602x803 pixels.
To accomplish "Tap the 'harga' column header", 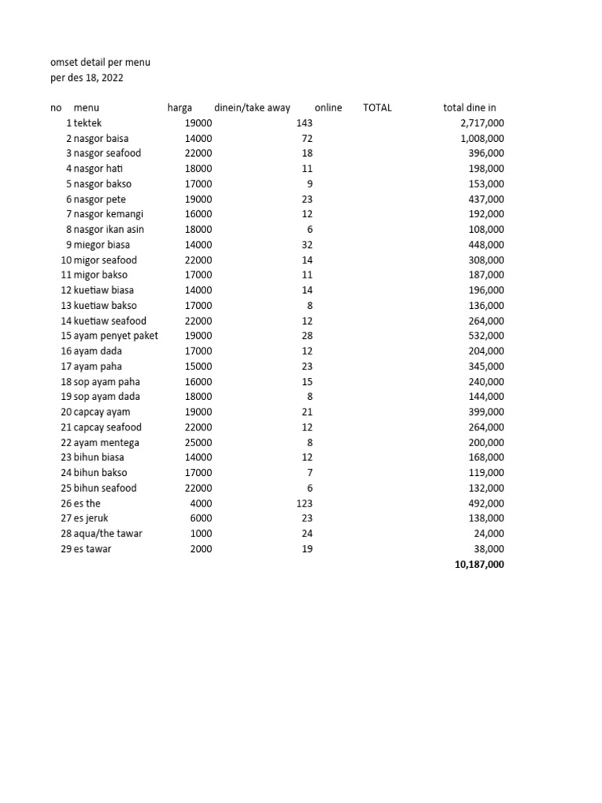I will pyautogui.click(x=180, y=107).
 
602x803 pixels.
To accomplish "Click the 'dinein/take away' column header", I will pyautogui.click(x=252, y=107).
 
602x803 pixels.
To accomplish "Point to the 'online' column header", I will pyautogui.click(x=328, y=107).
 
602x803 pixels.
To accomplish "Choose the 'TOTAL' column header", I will pyautogui.click(x=377, y=107).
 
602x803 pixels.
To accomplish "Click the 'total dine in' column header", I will pyautogui.click(x=470, y=107).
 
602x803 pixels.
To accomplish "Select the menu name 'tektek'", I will pyautogui.click(x=88, y=123).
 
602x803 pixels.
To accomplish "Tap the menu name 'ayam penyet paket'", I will pyautogui.click(x=115, y=336).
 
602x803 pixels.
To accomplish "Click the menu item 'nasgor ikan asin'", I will pyautogui.click(x=109, y=229).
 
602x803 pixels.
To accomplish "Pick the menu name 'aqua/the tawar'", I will pyautogui.click(x=107, y=533).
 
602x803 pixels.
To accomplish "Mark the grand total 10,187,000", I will pyautogui.click(x=479, y=564).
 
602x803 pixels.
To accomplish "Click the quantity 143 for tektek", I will pyautogui.click(x=304, y=123).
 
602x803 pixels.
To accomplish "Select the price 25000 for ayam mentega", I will pyautogui.click(x=198, y=442).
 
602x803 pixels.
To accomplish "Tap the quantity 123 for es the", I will pyautogui.click(x=304, y=503).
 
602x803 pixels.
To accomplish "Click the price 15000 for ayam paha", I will pyautogui.click(x=198, y=366).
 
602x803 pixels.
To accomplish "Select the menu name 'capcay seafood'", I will pyautogui.click(x=107, y=427).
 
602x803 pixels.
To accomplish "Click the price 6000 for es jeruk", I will pyautogui.click(x=201, y=518).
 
